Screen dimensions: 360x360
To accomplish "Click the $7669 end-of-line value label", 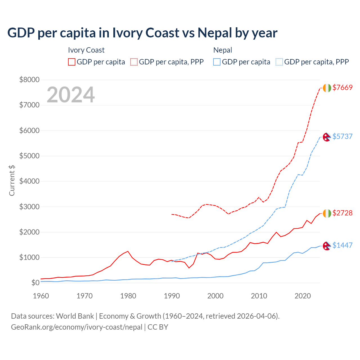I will click(342, 87).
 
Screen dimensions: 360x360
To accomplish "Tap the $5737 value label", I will click(342, 136).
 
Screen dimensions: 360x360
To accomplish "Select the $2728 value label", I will click(342, 213).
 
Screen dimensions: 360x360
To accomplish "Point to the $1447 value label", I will click(342, 245).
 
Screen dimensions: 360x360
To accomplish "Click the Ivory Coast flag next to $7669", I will click(327, 88).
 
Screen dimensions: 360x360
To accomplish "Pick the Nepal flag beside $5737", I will click(327, 137).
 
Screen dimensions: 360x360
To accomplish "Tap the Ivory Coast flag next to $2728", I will click(327, 213).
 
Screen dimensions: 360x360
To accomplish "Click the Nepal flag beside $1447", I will click(327, 246).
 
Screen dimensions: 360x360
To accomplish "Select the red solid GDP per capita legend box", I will click(72, 62).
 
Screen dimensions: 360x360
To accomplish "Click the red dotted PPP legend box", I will click(134, 62).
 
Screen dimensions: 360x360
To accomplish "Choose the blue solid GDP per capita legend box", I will click(217, 62).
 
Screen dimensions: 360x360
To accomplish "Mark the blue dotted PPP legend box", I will click(279, 62).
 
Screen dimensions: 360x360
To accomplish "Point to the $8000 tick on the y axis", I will click(29, 80).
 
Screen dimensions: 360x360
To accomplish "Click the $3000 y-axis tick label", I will click(29, 207).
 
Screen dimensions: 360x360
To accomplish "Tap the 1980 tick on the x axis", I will click(128, 296).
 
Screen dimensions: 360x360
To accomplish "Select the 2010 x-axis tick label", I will click(259, 296).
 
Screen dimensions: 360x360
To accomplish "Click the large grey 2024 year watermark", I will click(71, 95).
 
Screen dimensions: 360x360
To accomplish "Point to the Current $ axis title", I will click(12, 180).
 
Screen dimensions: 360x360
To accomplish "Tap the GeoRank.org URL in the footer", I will click(76, 327).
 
